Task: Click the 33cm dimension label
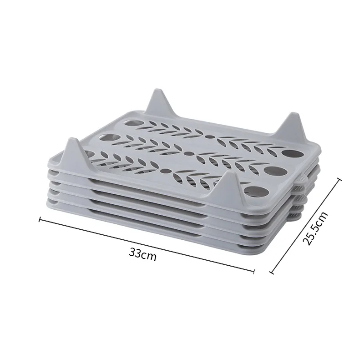143,254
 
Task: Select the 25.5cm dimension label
315,228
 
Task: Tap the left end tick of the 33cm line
40,221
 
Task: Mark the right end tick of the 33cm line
253,271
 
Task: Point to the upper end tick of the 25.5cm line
340,180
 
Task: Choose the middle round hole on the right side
272,171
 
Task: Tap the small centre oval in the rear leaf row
209,135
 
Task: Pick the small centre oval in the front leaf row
167,171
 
